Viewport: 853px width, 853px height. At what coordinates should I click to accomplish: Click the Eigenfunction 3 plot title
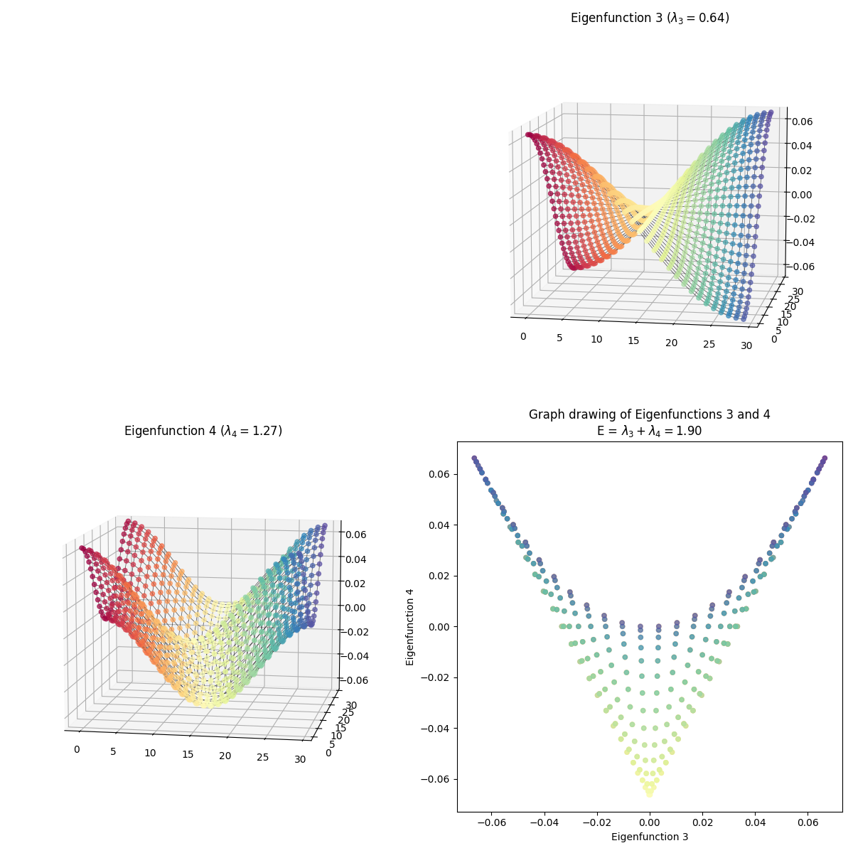pyautogui.click(x=650, y=18)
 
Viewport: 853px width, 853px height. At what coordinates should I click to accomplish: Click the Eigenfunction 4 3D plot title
pyautogui.click(x=203, y=431)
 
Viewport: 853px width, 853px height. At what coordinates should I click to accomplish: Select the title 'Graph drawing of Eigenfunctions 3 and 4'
pyautogui.click(x=649, y=414)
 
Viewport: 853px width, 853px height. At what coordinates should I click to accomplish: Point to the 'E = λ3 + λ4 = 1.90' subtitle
pyautogui.click(x=649, y=431)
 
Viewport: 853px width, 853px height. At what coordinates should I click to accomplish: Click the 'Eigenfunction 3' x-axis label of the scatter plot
pyautogui.click(x=650, y=837)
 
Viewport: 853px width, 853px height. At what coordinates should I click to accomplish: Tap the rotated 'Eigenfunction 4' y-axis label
pyautogui.click(x=409, y=626)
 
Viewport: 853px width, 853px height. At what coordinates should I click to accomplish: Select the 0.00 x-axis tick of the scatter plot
pyautogui.click(x=650, y=822)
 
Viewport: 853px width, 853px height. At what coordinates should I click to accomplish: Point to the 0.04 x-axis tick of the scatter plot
pyautogui.click(x=755, y=822)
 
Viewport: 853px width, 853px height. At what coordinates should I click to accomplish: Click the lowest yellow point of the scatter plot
pyautogui.click(x=650, y=793)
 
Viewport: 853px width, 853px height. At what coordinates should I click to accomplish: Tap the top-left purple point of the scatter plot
pyautogui.click(x=474, y=458)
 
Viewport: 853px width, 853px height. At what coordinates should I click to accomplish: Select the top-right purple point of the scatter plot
pyautogui.click(x=825, y=458)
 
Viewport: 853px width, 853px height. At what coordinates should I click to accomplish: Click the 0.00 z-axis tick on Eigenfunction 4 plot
pyautogui.click(x=356, y=608)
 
